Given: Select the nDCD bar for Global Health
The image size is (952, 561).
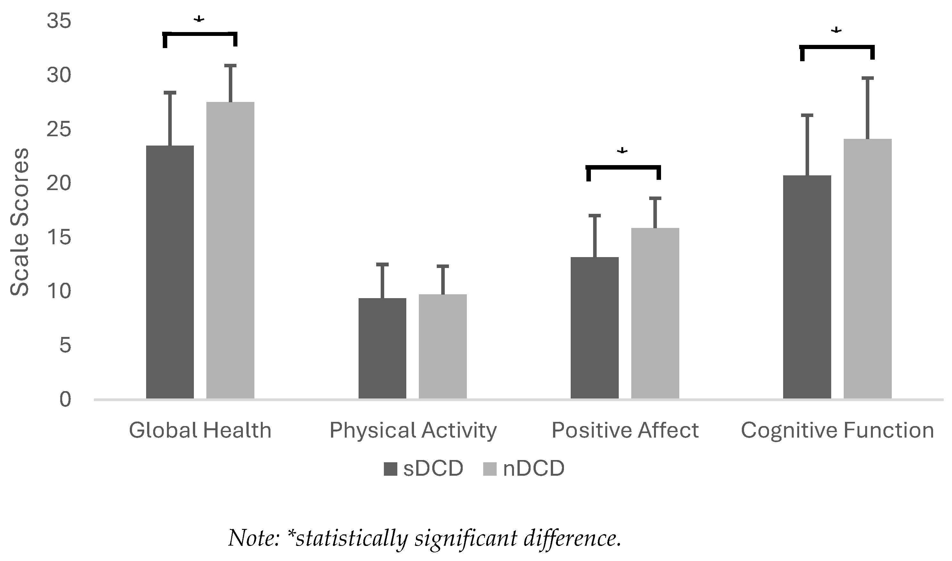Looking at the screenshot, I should coord(230,250).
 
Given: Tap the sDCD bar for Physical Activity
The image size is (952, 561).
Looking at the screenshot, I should coord(382,348).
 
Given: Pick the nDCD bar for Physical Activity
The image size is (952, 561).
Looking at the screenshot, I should coord(443,346).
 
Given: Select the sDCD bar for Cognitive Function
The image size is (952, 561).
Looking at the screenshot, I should coord(807,287).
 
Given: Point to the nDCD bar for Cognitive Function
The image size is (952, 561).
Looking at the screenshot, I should coord(868,268).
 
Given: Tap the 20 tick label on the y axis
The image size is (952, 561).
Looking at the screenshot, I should coord(59,184).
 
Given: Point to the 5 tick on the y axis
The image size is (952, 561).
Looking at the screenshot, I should coord(65,346).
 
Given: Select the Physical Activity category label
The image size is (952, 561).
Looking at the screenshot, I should coord(413,431).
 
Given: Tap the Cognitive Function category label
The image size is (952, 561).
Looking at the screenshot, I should coord(837,431).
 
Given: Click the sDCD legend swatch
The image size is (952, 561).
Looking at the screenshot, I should coord(390,469).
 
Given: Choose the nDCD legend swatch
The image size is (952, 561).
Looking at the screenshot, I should coord(490,469).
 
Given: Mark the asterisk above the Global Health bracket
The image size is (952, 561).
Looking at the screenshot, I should coord(199,20).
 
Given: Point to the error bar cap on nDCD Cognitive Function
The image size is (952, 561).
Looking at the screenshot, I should coord(868,78).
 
